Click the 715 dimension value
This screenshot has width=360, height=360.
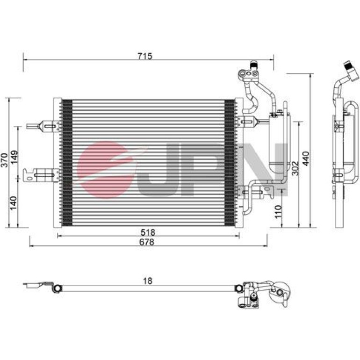[x=145, y=56]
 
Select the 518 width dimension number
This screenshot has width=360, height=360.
[x=148, y=232]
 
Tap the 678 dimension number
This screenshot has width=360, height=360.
[x=147, y=242]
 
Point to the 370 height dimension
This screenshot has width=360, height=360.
[x=4, y=160]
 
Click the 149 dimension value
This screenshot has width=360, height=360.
[x=14, y=157]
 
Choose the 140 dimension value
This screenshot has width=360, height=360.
[x=14, y=203]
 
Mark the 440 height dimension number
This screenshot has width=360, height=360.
[x=306, y=158]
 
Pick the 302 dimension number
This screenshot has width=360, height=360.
[x=295, y=168]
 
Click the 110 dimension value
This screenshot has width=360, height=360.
[x=278, y=212]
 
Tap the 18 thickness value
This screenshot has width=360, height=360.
[x=147, y=281]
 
